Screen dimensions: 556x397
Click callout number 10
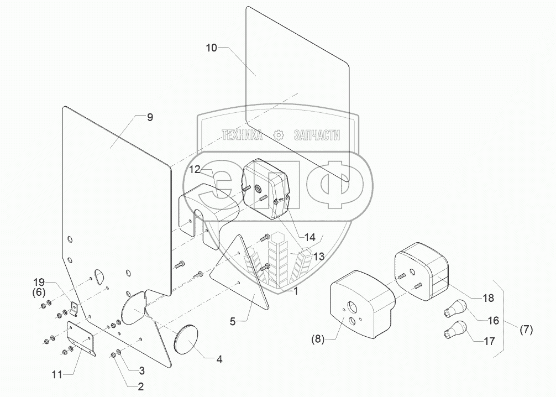pos(212,48)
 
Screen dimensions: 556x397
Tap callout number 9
pos(150,117)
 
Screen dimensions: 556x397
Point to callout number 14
pos(310,237)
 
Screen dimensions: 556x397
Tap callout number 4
pos(219,359)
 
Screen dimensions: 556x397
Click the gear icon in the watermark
pos(279,134)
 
